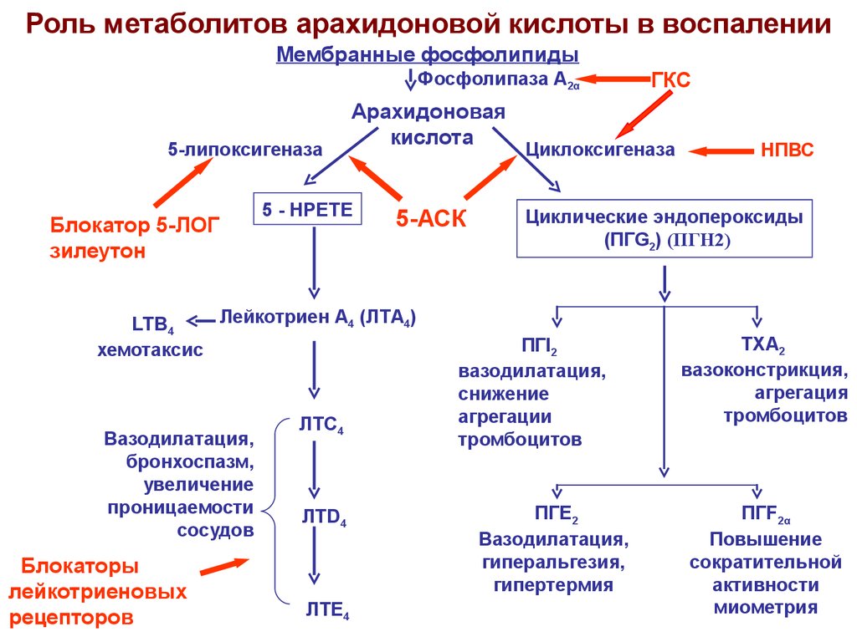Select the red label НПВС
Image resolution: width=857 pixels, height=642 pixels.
[x=787, y=150]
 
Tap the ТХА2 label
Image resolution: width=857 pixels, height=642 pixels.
[x=762, y=344]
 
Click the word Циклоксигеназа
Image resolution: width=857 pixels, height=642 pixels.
[x=599, y=150]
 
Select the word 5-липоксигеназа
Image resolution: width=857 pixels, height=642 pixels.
[x=244, y=150]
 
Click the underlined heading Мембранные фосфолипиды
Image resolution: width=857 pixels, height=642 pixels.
[x=428, y=55]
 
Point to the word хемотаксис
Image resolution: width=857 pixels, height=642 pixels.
[x=150, y=350]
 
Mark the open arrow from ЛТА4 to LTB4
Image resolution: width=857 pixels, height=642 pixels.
[x=200, y=319]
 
